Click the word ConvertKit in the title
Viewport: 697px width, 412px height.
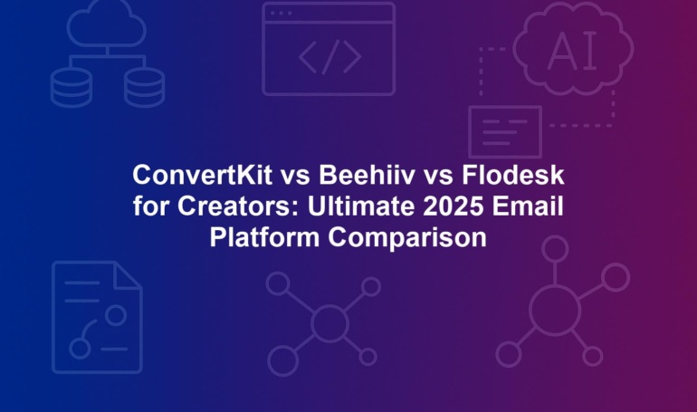click(x=202, y=175)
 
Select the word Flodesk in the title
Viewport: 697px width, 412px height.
click(x=513, y=175)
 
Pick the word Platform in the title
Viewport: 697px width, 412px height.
click(x=264, y=238)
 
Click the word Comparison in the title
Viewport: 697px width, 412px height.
click(x=407, y=239)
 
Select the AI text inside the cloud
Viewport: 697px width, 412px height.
click(x=572, y=51)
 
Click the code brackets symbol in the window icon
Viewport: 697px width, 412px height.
click(x=329, y=57)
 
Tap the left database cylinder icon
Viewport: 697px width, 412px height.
click(x=72, y=87)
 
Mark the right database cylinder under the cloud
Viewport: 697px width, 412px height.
click(x=144, y=87)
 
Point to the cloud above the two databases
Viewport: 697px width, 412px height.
click(x=107, y=24)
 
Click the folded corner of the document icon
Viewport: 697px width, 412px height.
click(x=128, y=274)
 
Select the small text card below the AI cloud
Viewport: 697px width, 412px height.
click(x=505, y=131)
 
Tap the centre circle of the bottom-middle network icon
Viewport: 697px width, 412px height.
click(x=329, y=323)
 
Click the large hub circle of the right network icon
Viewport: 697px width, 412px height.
click(x=555, y=310)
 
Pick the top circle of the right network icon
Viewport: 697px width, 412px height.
click(x=555, y=249)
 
